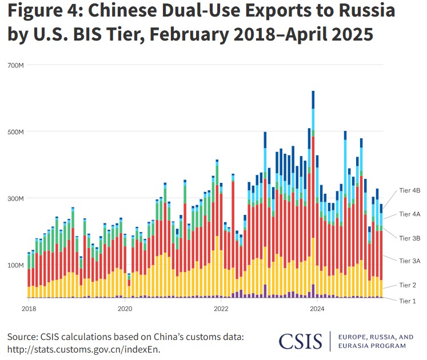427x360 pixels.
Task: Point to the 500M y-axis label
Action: click(x=16, y=131)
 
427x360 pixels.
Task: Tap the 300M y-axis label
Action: click(x=16, y=198)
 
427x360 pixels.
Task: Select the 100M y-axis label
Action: click(x=16, y=265)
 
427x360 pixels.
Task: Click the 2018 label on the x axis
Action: click(x=29, y=308)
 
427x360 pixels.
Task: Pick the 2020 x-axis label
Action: click(x=125, y=308)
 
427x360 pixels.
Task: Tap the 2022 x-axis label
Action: click(x=221, y=308)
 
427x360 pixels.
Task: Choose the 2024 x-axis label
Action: click(x=317, y=308)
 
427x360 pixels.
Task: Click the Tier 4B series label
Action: click(x=409, y=191)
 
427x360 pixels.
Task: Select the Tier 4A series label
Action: click(x=409, y=214)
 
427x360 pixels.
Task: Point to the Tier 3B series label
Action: click(x=409, y=237)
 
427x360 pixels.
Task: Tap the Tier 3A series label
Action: click(x=409, y=260)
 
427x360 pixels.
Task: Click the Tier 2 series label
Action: click(x=408, y=285)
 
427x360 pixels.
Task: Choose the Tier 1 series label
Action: click(x=408, y=300)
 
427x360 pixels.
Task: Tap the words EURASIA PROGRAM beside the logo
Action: click(x=372, y=345)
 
